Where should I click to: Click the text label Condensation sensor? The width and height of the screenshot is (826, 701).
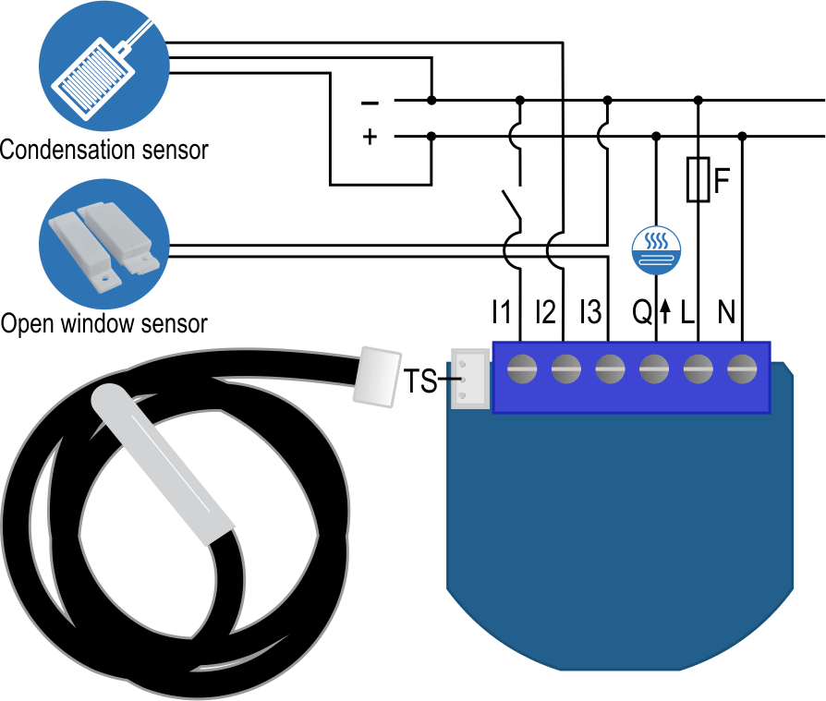coord(104,149)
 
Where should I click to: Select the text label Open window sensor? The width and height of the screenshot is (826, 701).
coord(103,324)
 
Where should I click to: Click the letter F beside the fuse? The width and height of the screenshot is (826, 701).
coord(722,178)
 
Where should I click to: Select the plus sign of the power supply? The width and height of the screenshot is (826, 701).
coord(370,138)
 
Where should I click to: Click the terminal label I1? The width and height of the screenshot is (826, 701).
coord(501,313)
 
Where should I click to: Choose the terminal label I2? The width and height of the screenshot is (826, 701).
coord(546,313)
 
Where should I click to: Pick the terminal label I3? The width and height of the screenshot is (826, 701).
coord(591,313)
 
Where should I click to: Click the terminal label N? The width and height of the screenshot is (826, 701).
coord(726,313)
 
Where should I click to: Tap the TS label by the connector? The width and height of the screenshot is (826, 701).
coord(419,380)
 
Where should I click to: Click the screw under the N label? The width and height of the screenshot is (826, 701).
coord(742,370)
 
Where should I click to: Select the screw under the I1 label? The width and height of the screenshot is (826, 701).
coord(521,370)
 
